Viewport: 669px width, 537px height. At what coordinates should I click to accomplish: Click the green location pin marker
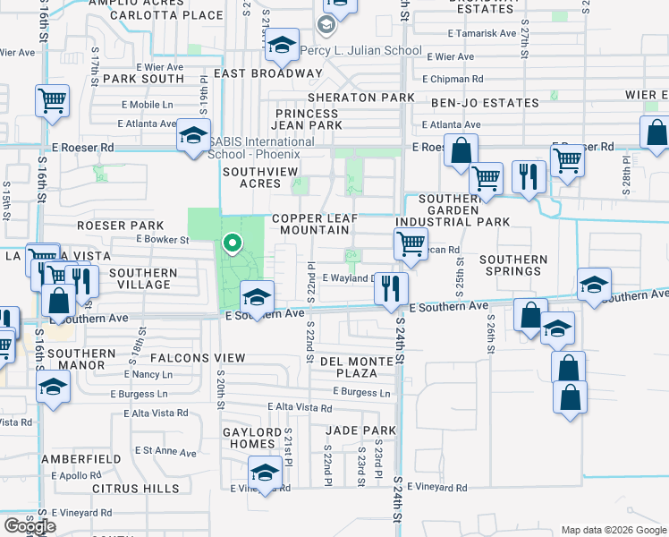(x=233, y=243)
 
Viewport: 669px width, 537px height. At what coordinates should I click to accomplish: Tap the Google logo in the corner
(x=29, y=525)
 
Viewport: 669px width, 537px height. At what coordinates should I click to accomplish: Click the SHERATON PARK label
(x=360, y=98)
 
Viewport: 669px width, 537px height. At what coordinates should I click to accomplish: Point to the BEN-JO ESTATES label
(x=485, y=104)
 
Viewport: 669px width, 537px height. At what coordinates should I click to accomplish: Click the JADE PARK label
(x=360, y=430)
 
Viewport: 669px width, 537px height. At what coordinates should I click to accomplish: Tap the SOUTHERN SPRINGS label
(x=512, y=266)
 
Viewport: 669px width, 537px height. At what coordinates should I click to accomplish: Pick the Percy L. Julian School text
(x=360, y=50)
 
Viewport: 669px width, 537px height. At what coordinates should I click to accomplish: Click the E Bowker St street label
(x=162, y=240)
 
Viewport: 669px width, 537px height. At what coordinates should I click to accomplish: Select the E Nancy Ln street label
(x=148, y=373)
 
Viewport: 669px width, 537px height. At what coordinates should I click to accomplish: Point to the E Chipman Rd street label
(x=456, y=78)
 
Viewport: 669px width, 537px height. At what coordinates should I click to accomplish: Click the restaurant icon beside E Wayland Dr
(x=390, y=287)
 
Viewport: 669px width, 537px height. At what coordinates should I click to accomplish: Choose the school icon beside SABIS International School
(x=192, y=135)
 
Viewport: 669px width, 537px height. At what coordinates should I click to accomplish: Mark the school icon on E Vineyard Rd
(x=265, y=473)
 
